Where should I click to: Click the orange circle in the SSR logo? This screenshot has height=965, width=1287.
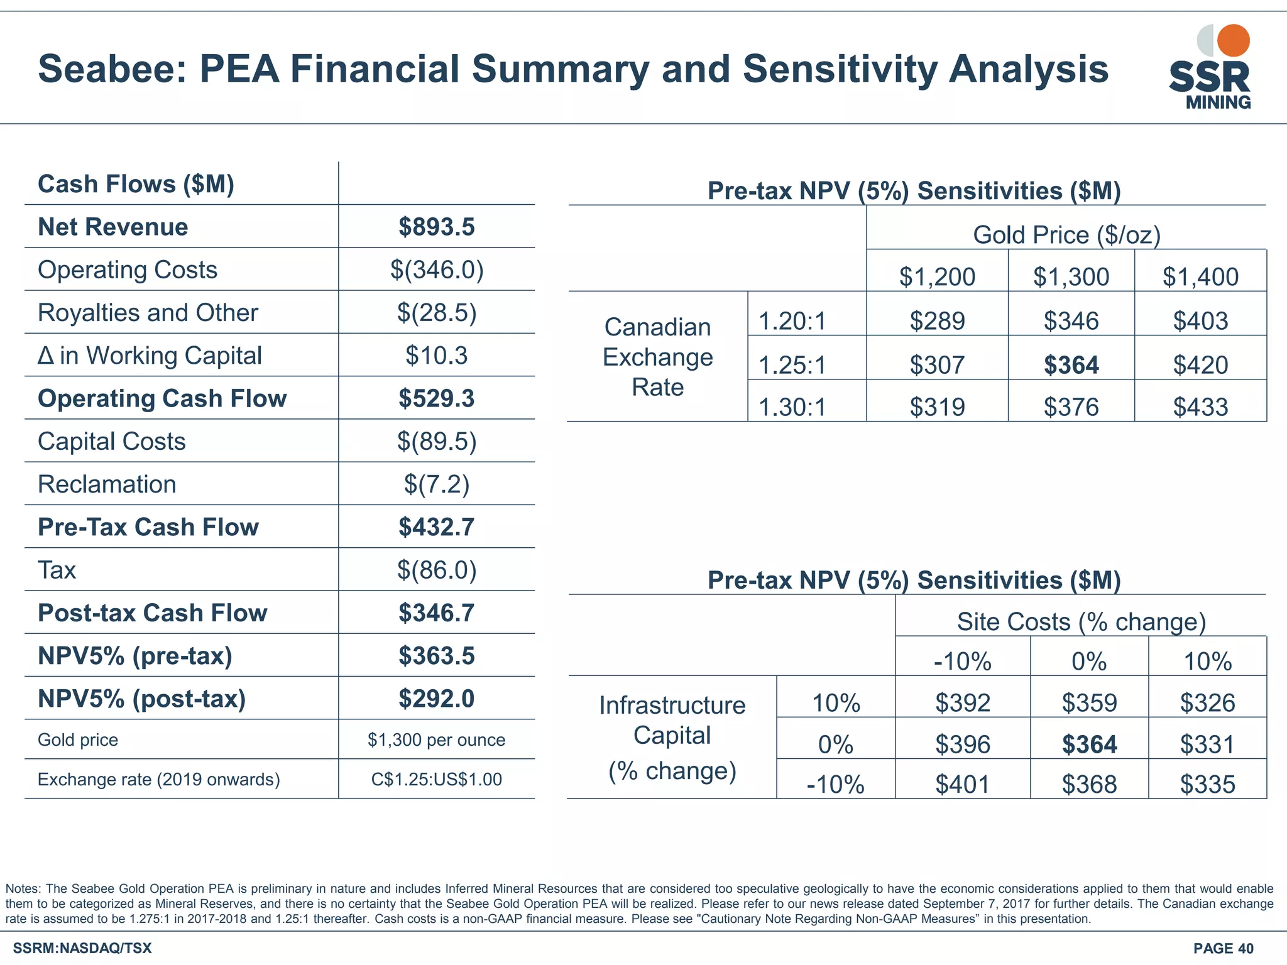coord(1233,40)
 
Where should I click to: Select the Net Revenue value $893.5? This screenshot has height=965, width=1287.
coord(437,227)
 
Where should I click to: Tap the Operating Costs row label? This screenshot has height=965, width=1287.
coord(128,270)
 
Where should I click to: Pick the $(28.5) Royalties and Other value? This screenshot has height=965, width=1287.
coord(437,312)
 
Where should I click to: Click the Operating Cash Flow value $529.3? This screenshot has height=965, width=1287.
coord(437,398)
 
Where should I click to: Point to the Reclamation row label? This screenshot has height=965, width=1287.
coord(107,484)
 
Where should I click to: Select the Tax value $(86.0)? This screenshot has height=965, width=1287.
coord(437,570)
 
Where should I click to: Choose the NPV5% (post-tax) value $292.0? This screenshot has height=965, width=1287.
coord(437,699)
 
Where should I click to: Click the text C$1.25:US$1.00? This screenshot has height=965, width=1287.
coord(437,780)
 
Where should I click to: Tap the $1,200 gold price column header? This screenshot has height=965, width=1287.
coord(937,276)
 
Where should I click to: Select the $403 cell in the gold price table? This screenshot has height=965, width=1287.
coord(1200,321)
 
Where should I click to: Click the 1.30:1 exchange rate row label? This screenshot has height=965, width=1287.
coord(792,407)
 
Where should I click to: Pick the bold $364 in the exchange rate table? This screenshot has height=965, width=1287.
coord(1071,365)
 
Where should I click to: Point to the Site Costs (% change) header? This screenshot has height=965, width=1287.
coord(1082,621)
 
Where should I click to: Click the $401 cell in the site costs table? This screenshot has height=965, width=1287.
coord(963,784)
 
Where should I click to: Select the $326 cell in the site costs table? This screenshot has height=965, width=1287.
coord(1207,702)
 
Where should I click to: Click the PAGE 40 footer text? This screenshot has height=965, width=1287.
coord(1223,948)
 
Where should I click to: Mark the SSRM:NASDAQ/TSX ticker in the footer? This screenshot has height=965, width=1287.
coord(82,948)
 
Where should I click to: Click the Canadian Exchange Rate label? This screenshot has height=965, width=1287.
coord(657,357)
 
